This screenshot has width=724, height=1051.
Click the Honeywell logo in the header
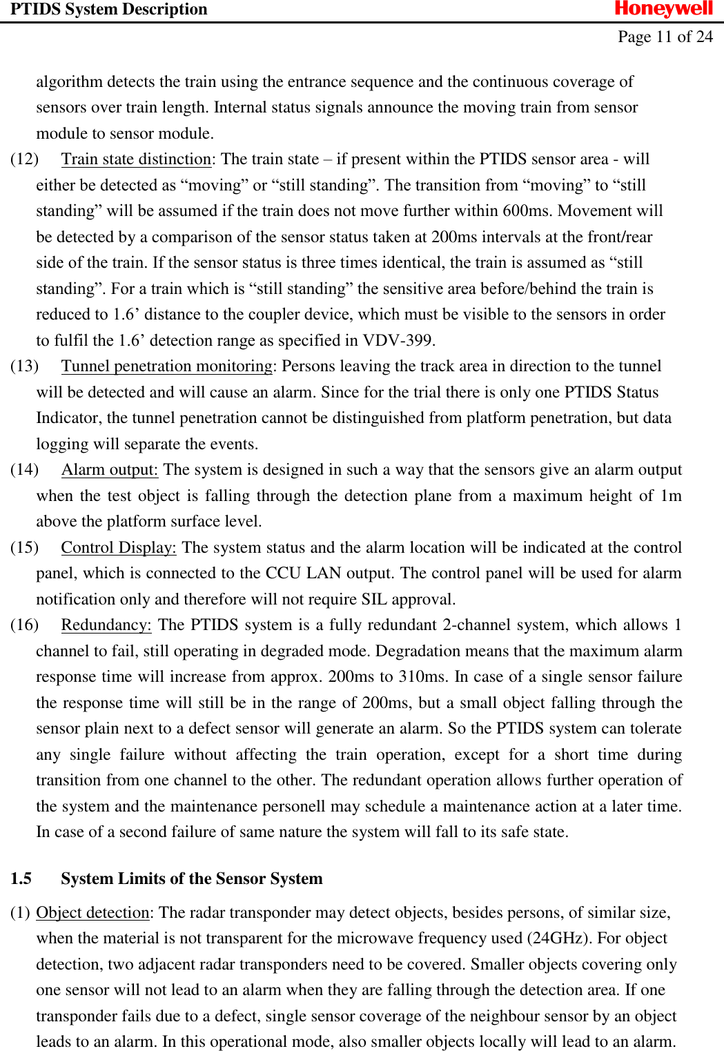pos(663,9)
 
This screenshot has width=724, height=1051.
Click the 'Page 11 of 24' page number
pos(665,37)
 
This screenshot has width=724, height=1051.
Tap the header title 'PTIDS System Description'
pos(108,9)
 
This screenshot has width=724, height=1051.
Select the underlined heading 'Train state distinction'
pos(136,159)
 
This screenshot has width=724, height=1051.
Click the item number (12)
pos(24,159)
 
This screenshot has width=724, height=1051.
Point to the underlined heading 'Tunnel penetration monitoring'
pos(166,366)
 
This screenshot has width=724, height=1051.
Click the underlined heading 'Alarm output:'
pos(109,469)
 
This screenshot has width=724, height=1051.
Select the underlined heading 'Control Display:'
pos(118,547)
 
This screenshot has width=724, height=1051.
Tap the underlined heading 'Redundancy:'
pos(106,625)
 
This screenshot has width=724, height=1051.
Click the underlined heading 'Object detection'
pos(92,912)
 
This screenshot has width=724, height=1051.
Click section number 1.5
pos(21,878)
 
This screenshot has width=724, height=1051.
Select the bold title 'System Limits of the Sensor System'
pos(191,878)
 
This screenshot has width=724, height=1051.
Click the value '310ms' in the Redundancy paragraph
pos(422,676)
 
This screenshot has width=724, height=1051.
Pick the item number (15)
pos(24,547)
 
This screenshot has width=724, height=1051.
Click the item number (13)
pos(24,366)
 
